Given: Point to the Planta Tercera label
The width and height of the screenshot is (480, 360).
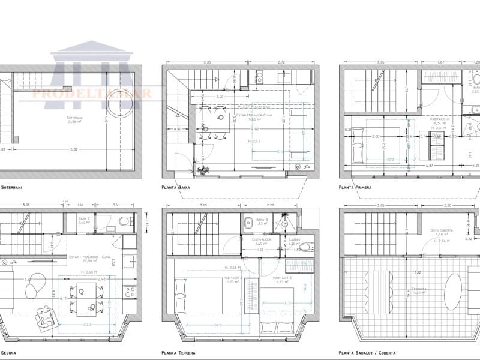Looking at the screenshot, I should (x=178, y=353).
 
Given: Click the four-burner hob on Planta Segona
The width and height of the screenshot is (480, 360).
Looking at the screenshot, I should (x=130, y=292).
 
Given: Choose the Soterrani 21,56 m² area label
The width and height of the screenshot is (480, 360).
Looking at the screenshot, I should (x=75, y=119).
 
